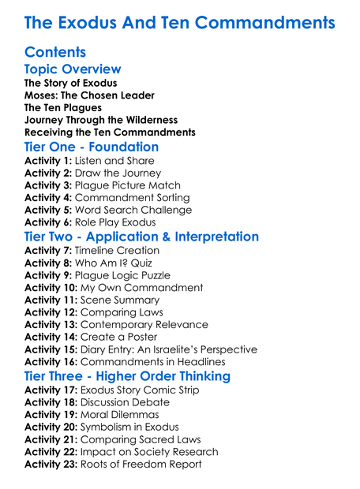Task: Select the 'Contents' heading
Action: (x=55, y=53)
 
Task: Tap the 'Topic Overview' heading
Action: (x=73, y=69)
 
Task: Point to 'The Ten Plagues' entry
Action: (x=64, y=107)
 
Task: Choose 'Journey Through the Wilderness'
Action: (x=101, y=120)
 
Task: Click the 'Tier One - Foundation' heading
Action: (x=92, y=147)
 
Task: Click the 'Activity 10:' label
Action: (x=51, y=288)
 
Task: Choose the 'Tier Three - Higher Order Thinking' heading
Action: (x=127, y=375)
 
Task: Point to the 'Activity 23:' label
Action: (x=51, y=465)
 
